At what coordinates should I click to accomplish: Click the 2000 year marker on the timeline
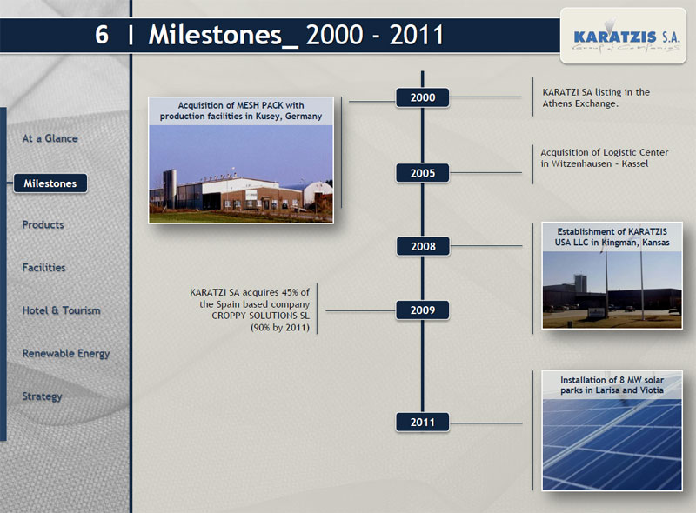tap(423, 97)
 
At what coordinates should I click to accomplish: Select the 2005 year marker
tap(423, 173)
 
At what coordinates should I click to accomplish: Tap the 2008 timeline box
tap(423, 246)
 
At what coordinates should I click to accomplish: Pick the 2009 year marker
tap(423, 310)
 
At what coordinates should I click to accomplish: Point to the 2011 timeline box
tap(423, 422)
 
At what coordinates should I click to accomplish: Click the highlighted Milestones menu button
tap(50, 183)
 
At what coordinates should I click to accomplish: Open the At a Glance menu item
tap(50, 138)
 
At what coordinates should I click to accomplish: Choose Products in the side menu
tap(43, 224)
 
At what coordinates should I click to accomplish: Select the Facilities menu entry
tap(44, 268)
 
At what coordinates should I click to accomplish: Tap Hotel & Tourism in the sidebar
tap(61, 310)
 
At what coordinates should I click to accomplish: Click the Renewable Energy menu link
tap(66, 354)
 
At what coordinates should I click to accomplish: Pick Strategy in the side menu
tap(42, 396)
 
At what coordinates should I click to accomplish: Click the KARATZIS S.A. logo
tap(623, 36)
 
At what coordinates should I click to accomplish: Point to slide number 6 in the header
tap(102, 35)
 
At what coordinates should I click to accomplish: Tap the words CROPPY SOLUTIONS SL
tap(260, 316)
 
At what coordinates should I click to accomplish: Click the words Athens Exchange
tap(579, 103)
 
